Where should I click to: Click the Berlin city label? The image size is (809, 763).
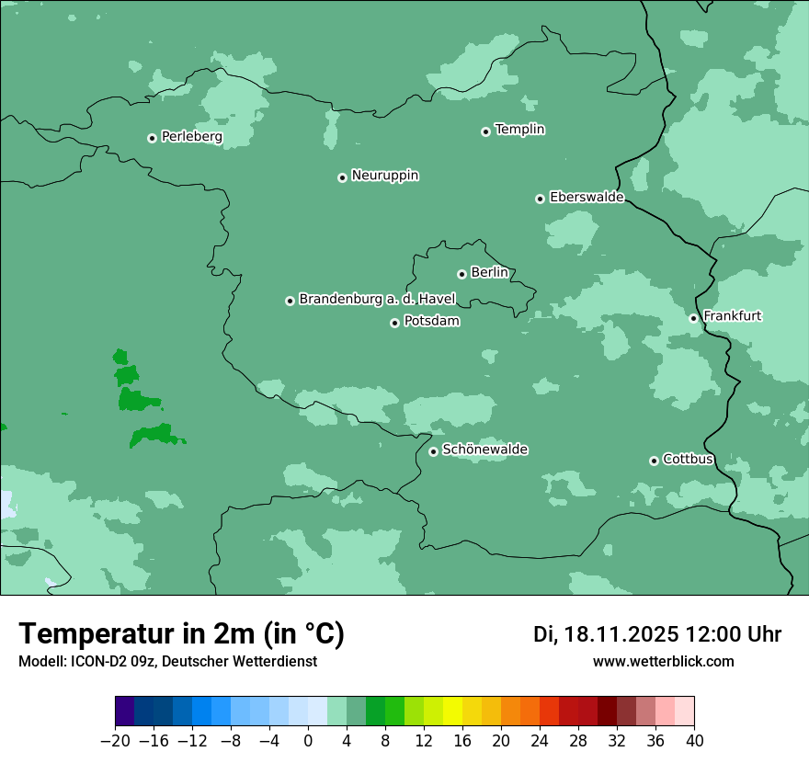[489, 272]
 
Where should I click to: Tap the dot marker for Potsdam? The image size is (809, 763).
[394, 323]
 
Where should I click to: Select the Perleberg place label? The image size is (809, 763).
[191, 137]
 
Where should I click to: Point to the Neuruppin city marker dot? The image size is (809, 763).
[342, 177]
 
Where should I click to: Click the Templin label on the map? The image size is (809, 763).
[519, 130]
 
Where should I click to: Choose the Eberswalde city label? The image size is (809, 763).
[587, 198]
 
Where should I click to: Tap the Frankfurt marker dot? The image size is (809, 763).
[693, 318]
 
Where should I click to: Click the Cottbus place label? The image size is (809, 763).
[688, 459]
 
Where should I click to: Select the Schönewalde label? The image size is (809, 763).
[484, 450]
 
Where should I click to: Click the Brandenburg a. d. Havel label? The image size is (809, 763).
[377, 299]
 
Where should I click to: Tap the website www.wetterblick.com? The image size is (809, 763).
[663, 661]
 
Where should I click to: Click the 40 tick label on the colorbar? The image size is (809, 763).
[694, 741]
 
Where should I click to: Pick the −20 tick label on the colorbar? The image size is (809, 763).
[114, 741]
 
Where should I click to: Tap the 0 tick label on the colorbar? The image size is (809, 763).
[308, 741]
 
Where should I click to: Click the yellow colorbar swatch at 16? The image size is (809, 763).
[452, 712]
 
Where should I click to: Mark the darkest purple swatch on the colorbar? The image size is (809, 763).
[125, 712]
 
